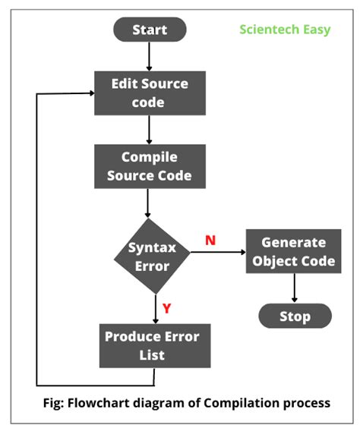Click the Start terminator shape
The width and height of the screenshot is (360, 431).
[150, 30]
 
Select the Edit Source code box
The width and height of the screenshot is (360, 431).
[150, 93]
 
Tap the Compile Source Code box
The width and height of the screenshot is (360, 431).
[150, 167]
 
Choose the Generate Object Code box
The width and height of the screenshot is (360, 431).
[293, 253]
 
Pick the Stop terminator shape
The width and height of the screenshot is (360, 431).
[295, 316]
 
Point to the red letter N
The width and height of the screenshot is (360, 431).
[210, 241]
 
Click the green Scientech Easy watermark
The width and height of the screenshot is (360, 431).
[285, 30]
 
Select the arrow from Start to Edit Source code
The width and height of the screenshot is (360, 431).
[150, 56]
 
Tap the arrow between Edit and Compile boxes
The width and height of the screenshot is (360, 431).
[150, 130]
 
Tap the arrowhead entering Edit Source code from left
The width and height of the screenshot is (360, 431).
[89, 93]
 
